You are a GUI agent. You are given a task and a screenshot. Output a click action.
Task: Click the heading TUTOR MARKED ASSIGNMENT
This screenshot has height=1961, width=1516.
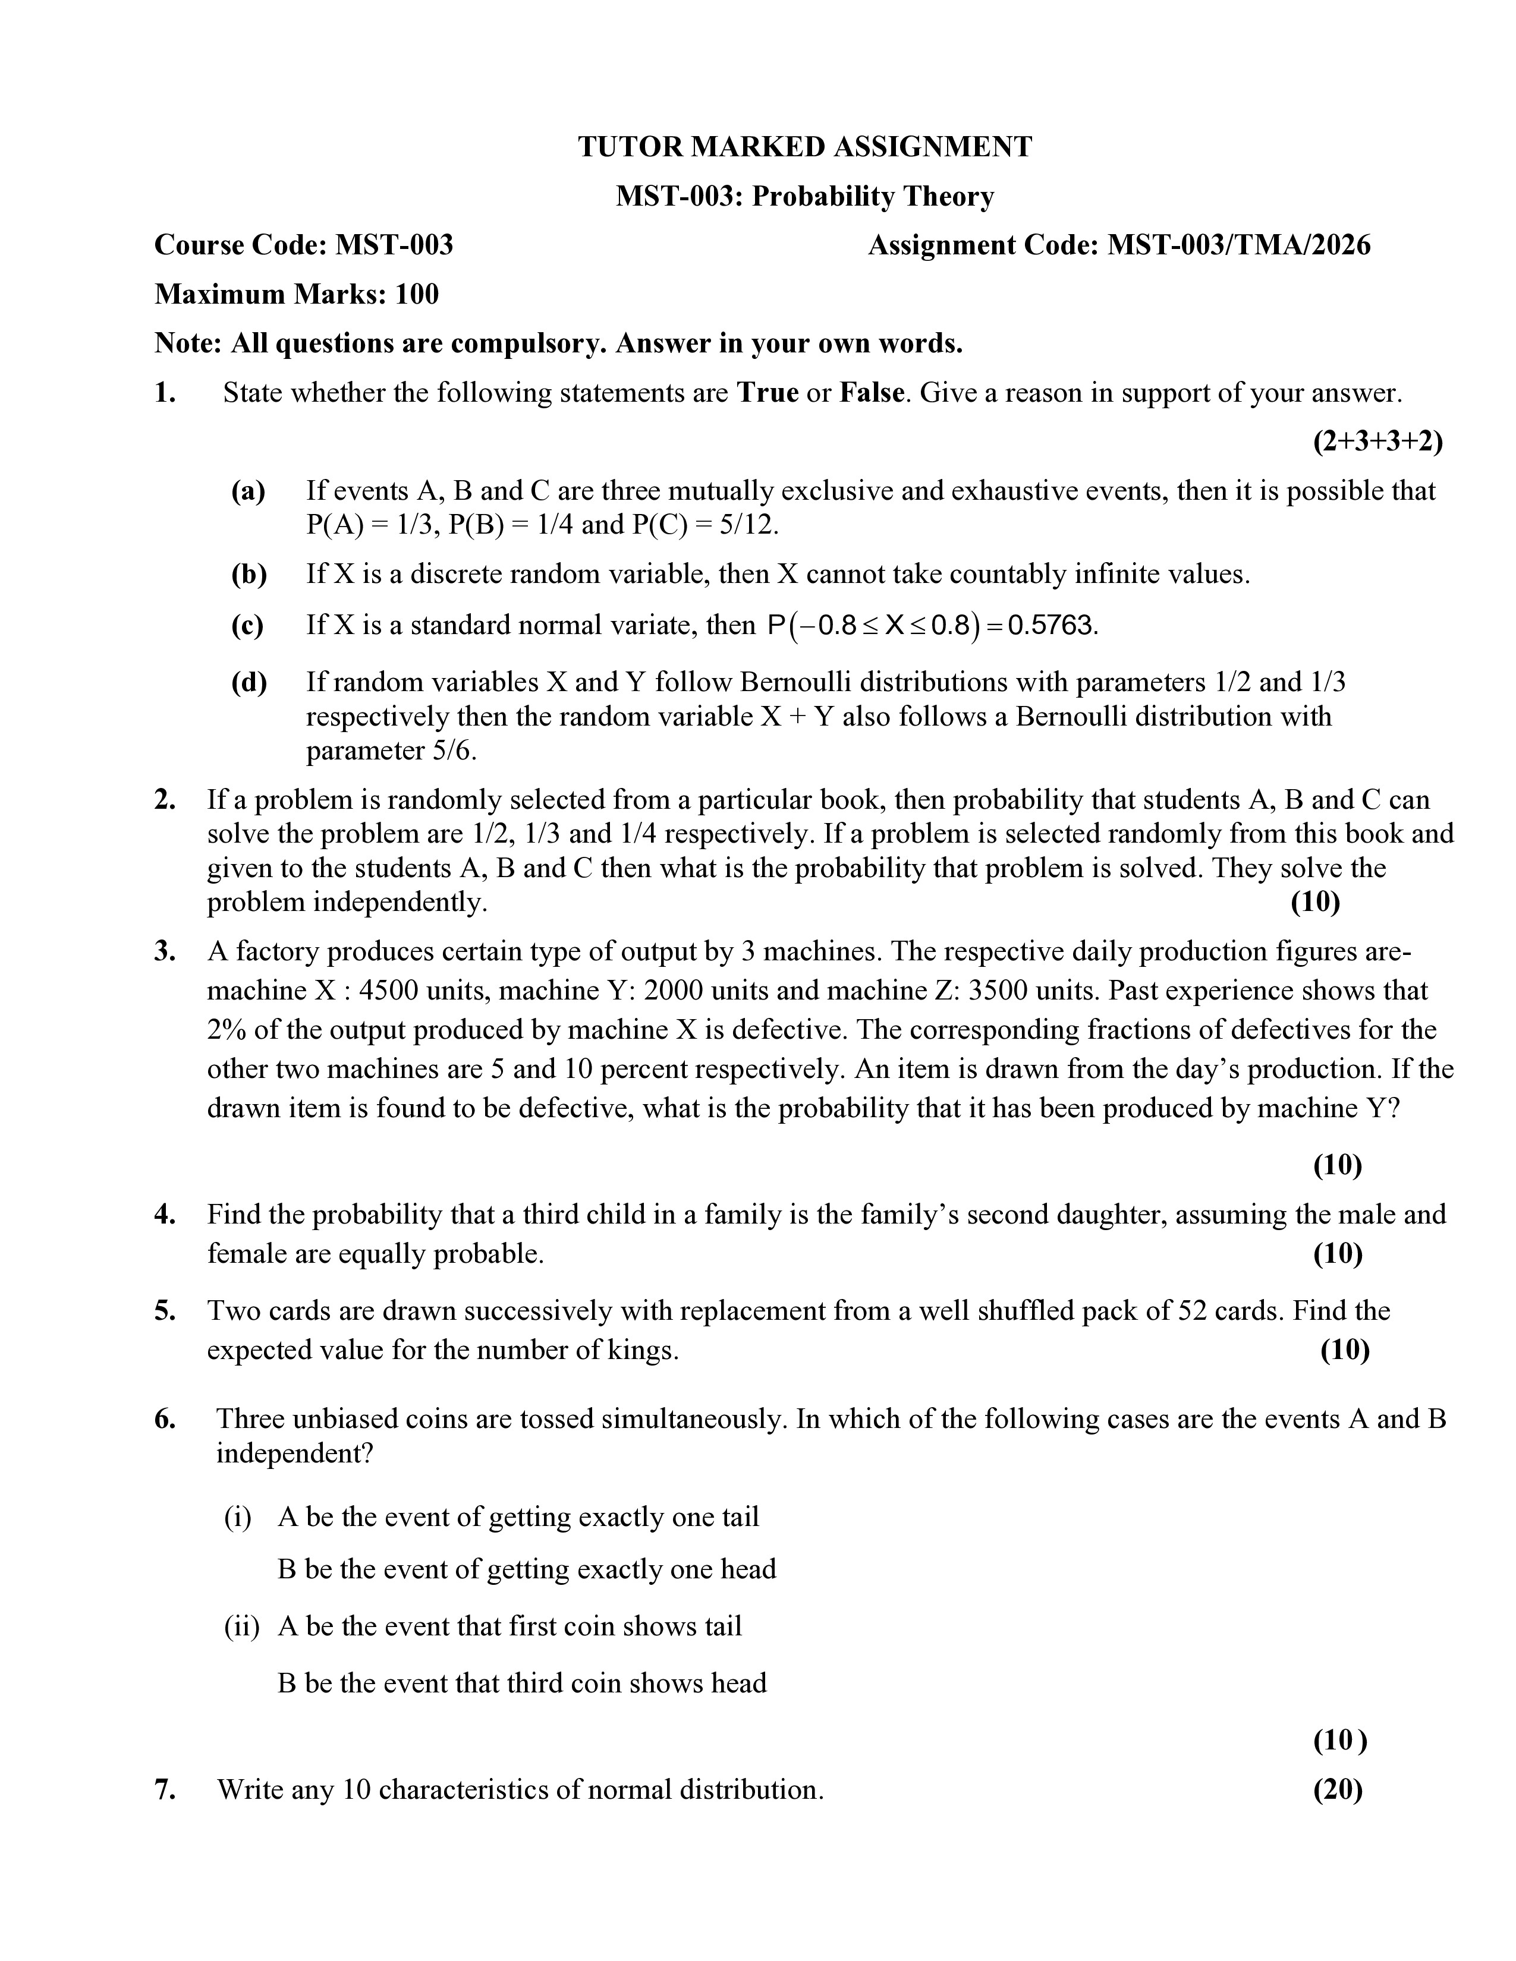805,146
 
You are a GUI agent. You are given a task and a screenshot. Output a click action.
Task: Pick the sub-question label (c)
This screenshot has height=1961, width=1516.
248,625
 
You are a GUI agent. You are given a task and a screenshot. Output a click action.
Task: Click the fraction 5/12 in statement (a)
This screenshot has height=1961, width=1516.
747,524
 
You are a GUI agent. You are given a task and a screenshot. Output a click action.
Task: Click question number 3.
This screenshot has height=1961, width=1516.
163,951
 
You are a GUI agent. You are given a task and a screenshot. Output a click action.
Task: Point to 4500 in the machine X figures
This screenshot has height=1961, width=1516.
389,991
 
